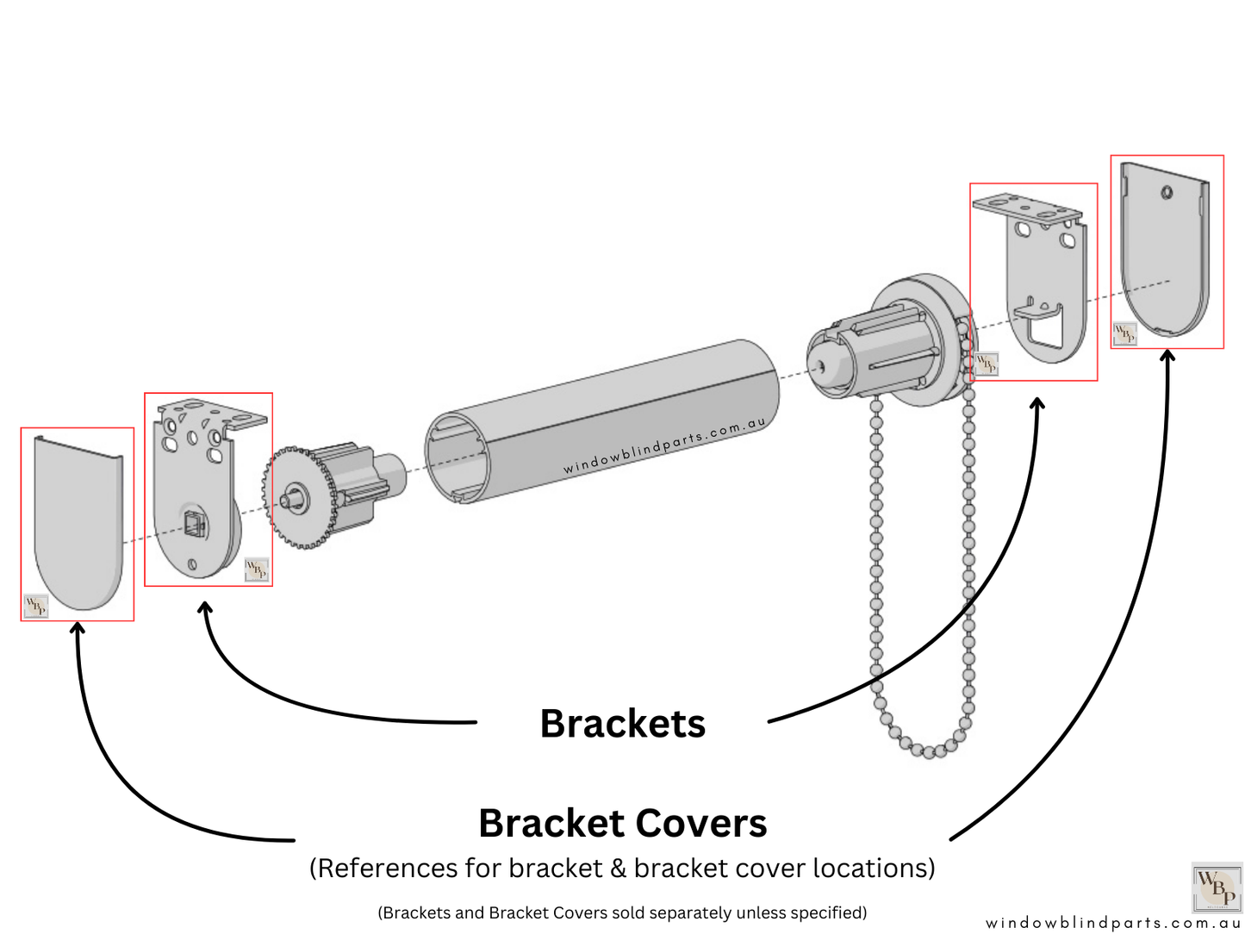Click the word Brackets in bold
point(622,724)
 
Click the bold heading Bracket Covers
point(622,824)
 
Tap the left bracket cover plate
point(78,526)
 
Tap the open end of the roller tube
point(458,457)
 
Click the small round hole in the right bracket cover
point(1166,192)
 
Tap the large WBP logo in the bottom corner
point(1216,887)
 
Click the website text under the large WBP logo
point(1113,923)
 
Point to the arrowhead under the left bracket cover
point(78,628)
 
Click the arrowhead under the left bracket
point(205,608)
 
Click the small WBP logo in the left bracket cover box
point(35,606)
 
